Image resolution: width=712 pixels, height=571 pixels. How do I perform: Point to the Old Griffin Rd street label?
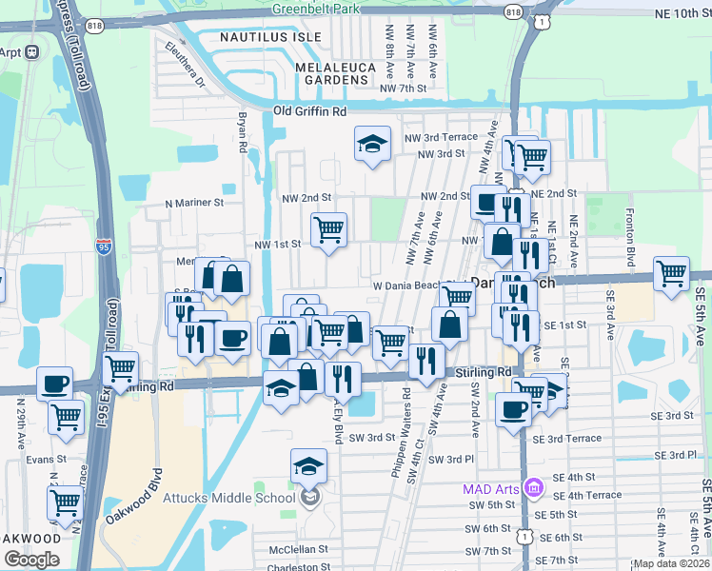(309, 111)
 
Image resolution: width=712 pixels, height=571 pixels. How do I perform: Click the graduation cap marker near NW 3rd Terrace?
(372, 145)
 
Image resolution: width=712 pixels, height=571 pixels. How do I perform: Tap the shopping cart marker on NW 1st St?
(328, 229)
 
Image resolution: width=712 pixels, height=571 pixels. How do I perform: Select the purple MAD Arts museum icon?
(533, 489)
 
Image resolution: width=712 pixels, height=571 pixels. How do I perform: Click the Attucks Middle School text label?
(243, 498)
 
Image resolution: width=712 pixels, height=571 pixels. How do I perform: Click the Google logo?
(31, 560)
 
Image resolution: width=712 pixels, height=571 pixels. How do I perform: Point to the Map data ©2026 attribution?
(671, 563)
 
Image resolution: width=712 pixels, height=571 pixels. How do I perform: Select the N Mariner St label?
(193, 203)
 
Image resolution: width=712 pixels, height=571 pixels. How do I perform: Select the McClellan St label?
(297, 549)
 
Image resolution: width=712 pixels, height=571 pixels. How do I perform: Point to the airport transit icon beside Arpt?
(31, 51)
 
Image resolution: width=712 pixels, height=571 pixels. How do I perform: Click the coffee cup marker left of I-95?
(53, 383)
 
